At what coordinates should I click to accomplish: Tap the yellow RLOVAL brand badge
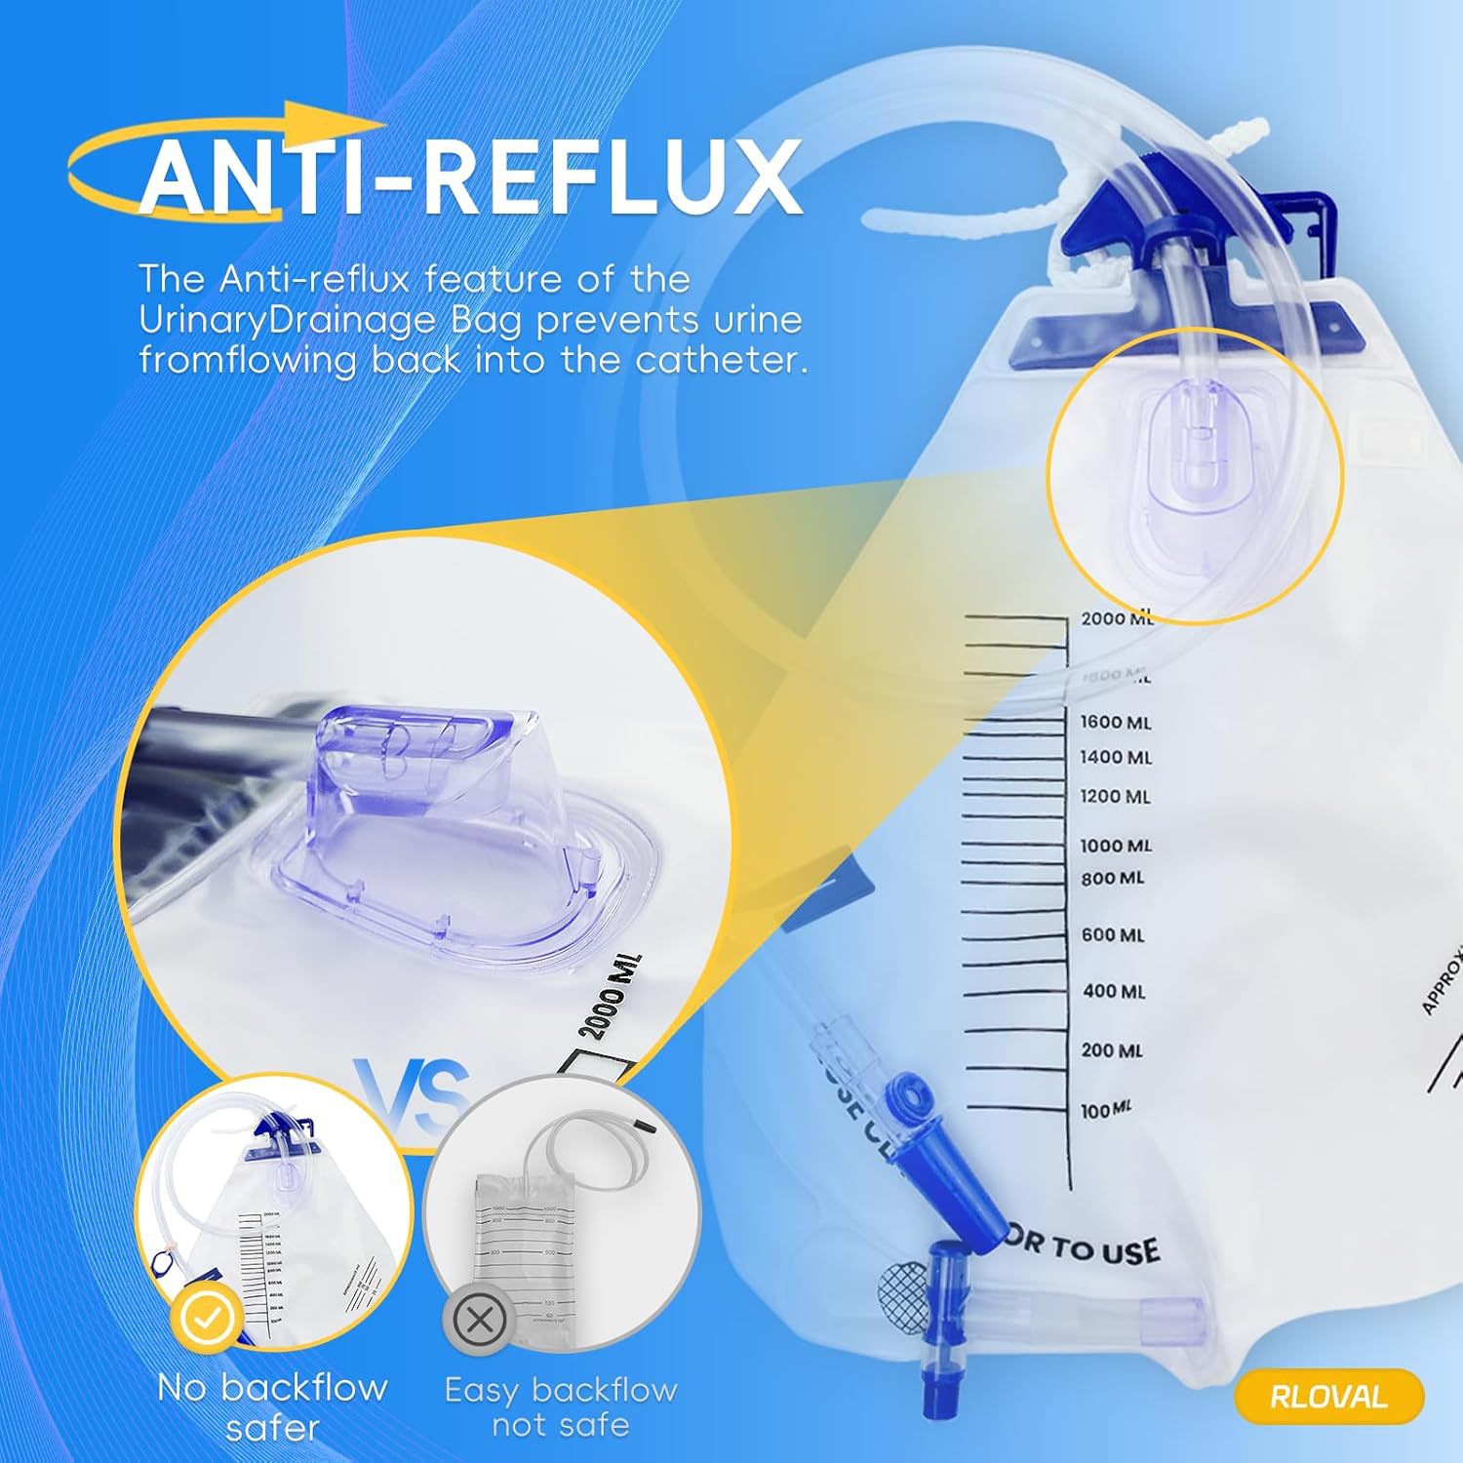click(1327, 1396)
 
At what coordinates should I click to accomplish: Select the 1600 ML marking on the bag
click(1115, 723)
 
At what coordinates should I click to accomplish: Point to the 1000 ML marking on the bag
click(1115, 846)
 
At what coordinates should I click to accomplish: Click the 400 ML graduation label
click(1114, 992)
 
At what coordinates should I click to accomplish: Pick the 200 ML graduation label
click(1111, 1050)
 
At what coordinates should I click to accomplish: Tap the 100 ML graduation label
click(1107, 1110)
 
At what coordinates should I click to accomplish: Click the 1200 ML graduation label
click(1115, 797)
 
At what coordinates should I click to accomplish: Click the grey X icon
click(479, 1322)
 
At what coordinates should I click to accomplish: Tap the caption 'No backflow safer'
click(272, 1406)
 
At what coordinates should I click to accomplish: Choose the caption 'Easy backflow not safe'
click(561, 1406)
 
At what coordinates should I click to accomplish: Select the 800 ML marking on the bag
click(1112, 879)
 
